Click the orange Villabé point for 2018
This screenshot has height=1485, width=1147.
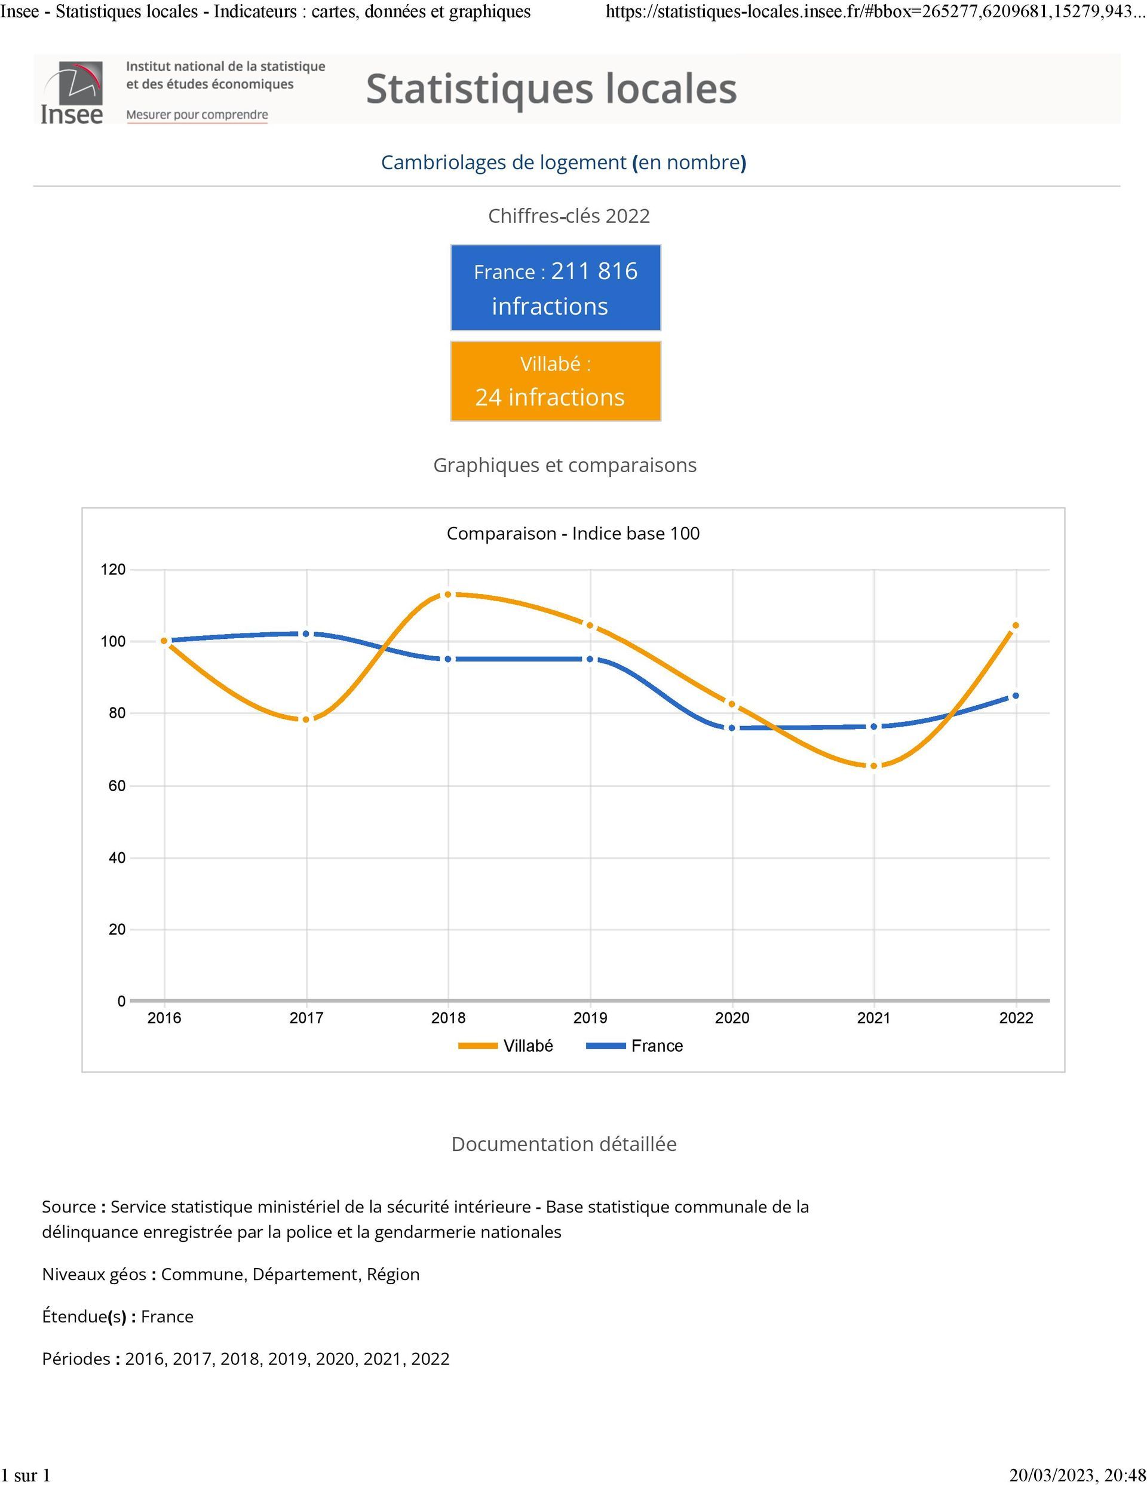tap(448, 594)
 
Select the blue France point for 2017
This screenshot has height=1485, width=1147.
tap(306, 633)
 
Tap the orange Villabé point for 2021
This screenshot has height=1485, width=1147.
tap(873, 766)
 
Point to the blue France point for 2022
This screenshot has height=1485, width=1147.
tap(1016, 696)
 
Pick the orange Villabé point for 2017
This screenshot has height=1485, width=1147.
tap(306, 719)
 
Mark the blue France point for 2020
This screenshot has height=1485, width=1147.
tap(732, 727)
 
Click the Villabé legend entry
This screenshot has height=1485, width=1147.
tap(506, 1046)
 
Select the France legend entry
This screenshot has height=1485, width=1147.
tap(634, 1046)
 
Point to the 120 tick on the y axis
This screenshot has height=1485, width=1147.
tap(114, 569)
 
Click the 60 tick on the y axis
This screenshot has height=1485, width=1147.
tap(117, 786)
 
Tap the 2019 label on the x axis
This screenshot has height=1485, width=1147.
tap(590, 1018)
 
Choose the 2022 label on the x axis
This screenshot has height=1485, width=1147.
tap(1016, 1018)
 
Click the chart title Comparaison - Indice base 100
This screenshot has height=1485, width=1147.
tap(573, 534)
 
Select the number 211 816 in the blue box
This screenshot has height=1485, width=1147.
tap(594, 271)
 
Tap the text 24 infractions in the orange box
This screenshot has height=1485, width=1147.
tap(550, 397)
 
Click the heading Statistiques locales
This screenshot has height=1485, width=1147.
tap(551, 89)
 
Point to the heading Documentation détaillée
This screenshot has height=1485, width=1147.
tap(563, 1144)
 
